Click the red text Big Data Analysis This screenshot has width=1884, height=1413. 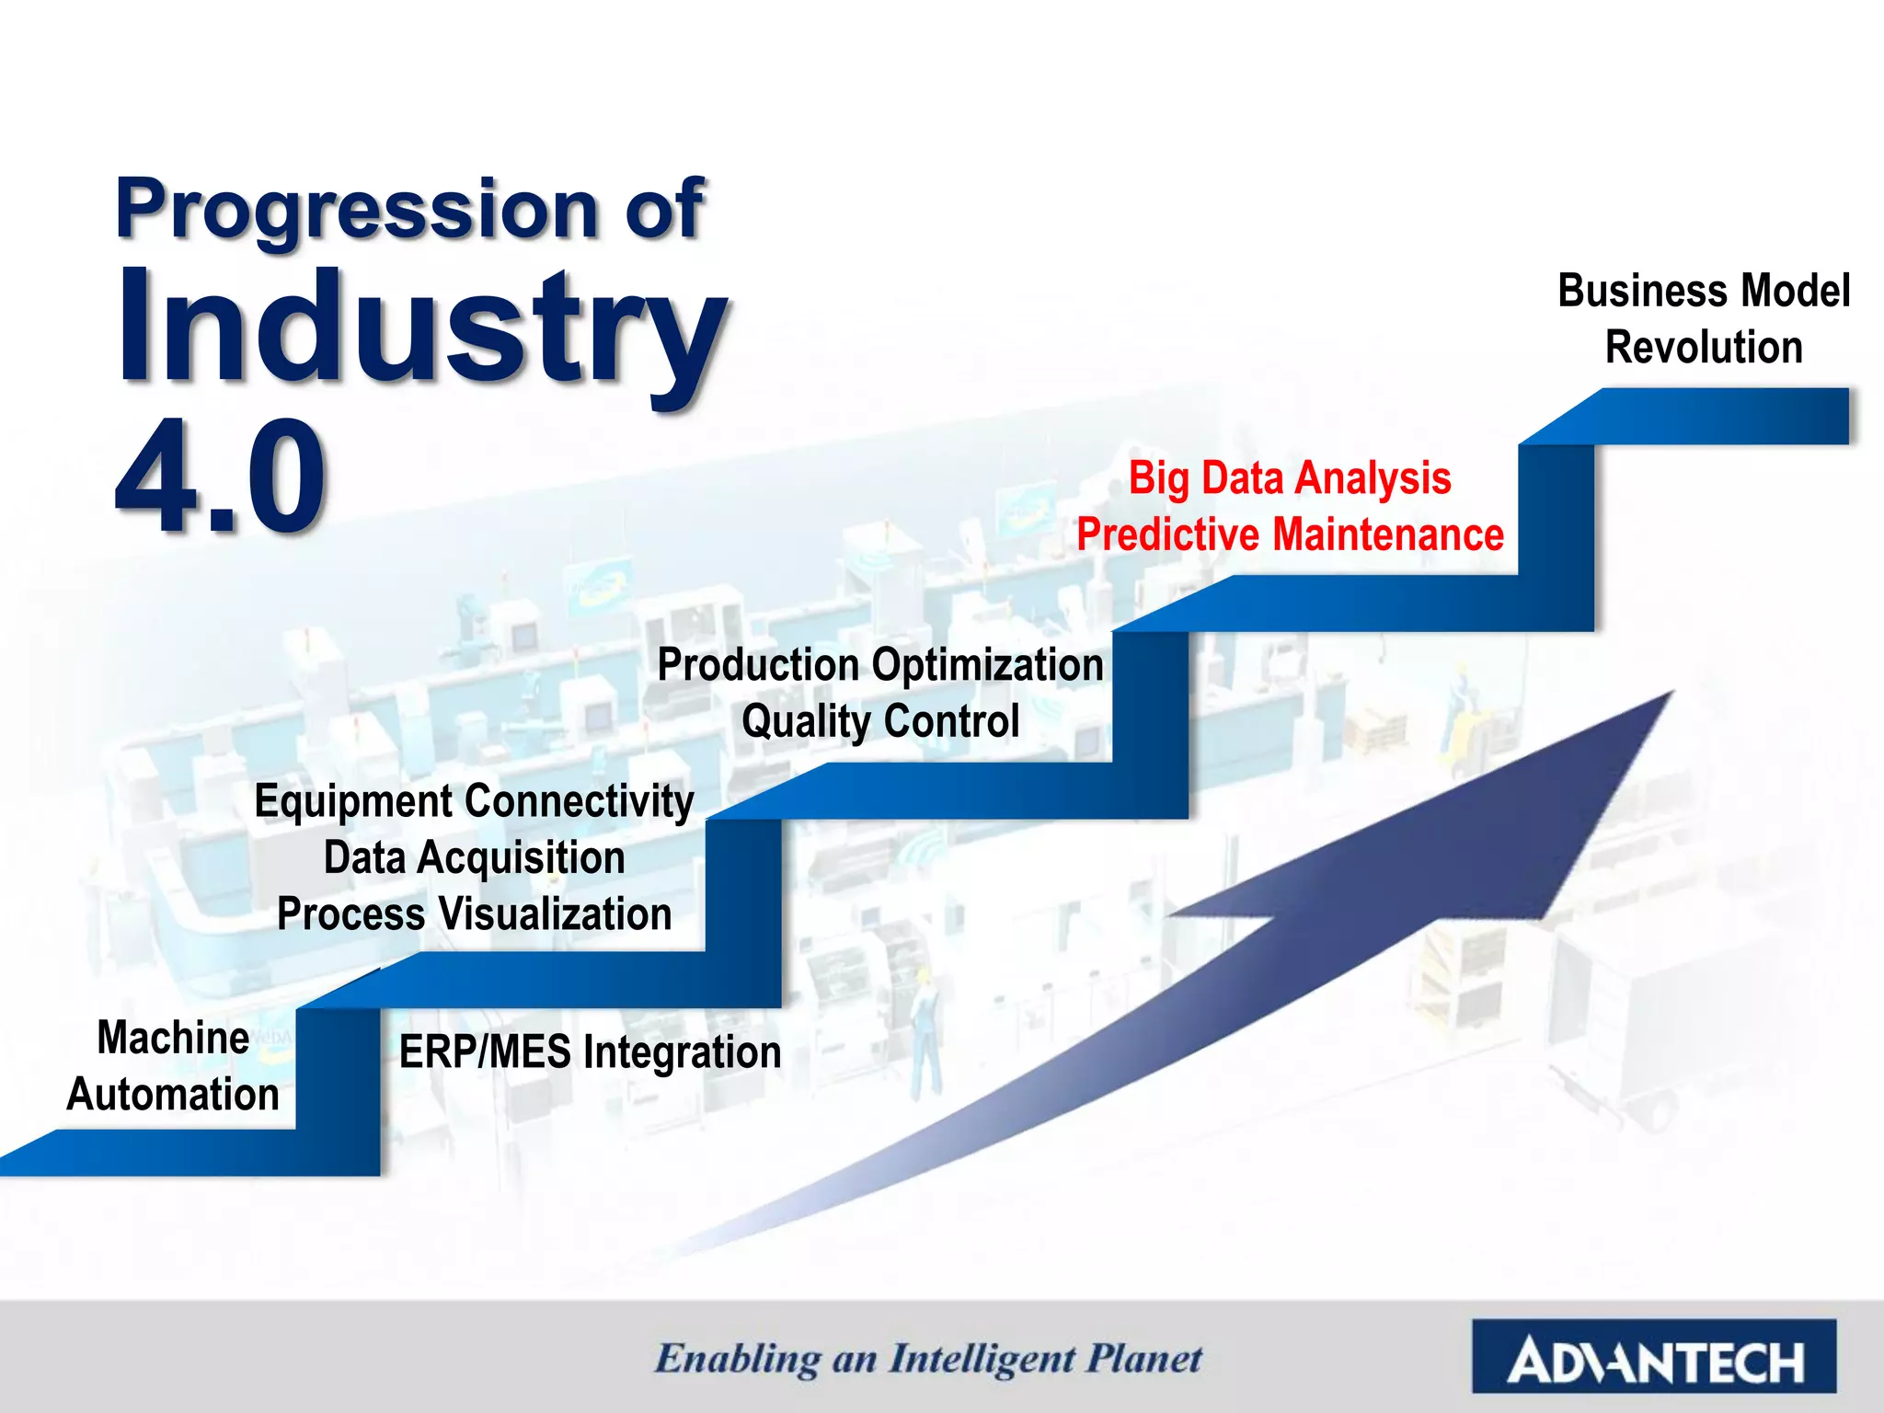click(x=1290, y=478)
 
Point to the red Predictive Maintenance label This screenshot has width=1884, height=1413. click(x=1290, y=535)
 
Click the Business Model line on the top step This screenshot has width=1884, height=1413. click(x=1703, y=291)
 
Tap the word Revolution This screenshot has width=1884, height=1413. click(x=1703, y=348)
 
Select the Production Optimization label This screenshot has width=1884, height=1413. click(x=880, y=664)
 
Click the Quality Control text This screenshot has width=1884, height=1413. click(x=880, y=721)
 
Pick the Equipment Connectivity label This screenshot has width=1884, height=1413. click(x=474, y=800)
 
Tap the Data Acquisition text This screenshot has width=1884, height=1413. click(x=474, y=857)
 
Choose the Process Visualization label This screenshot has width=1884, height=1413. click(x=474, y=914)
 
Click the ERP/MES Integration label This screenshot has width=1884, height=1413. click(x=590, y=1051)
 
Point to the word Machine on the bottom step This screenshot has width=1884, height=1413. click(x=173, y=1038)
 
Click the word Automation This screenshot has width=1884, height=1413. click(x=173, y=1095)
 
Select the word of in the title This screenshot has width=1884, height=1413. click(x=664, y=210)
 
